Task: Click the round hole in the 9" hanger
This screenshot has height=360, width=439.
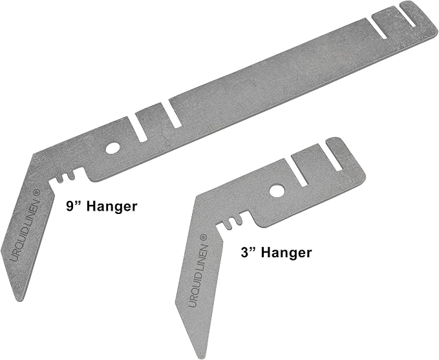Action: tap(112, 148)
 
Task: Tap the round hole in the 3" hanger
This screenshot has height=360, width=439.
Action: tap(277, 191)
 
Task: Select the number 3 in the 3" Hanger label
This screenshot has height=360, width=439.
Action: tap(244, 253)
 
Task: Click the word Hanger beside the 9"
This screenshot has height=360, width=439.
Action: tap(112, 207)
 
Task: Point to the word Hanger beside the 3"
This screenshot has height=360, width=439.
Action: tap(286, 253)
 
